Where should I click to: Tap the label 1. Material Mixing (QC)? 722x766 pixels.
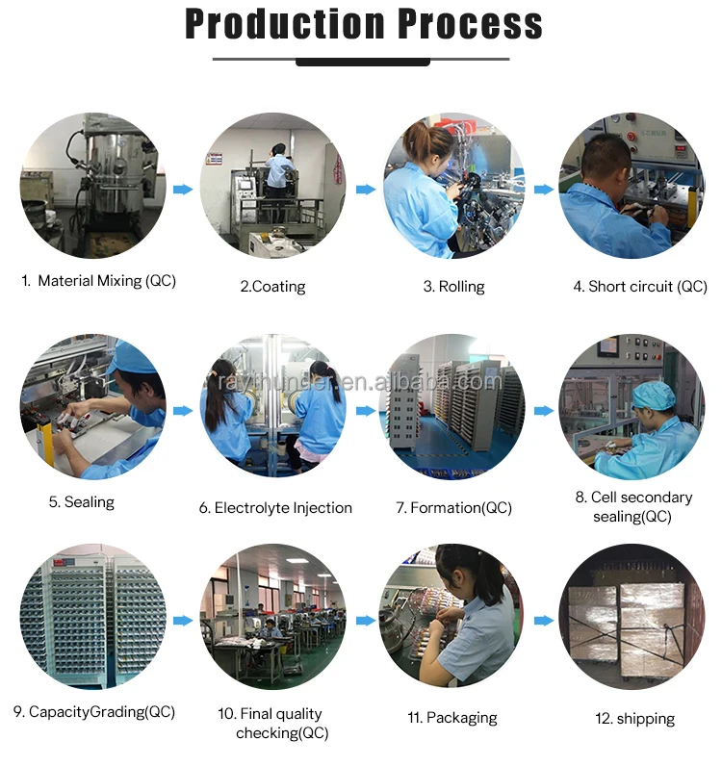98,281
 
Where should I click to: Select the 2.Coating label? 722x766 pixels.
272,286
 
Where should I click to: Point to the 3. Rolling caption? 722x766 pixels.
453,286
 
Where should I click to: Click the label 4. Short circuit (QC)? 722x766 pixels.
640,286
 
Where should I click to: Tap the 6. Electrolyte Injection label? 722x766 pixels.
275,507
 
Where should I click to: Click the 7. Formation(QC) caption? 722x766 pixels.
453,507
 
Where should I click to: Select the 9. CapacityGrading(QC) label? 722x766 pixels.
94,712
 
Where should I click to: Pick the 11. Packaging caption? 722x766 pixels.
453,717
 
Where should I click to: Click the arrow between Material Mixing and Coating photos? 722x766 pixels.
183,190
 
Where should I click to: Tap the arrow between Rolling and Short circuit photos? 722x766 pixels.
544,190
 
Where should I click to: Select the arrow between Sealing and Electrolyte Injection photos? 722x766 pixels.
183,410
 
